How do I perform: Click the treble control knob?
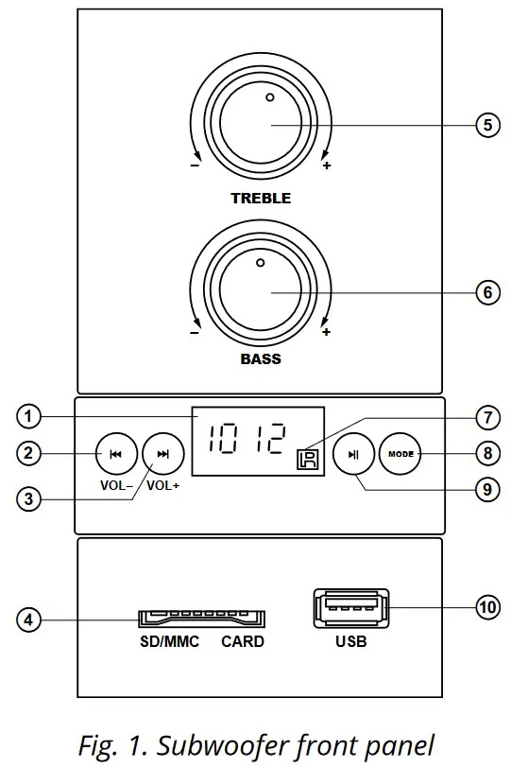[262, 125]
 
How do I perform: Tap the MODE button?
[400, 454]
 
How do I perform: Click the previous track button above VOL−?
[116, 454]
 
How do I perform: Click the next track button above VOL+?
[163, 454]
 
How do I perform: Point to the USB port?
[350, 610]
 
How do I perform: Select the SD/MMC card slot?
[202, 619]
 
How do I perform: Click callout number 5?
[487, 126]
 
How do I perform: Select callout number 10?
[487, 607]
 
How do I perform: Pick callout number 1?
[29, 416]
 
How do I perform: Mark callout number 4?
[29, 620]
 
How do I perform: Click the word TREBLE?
[261, 199]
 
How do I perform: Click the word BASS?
[261, 359]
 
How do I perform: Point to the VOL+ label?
[163, 485]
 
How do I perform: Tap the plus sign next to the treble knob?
[327, 166]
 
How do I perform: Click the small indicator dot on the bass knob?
[260, 261]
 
